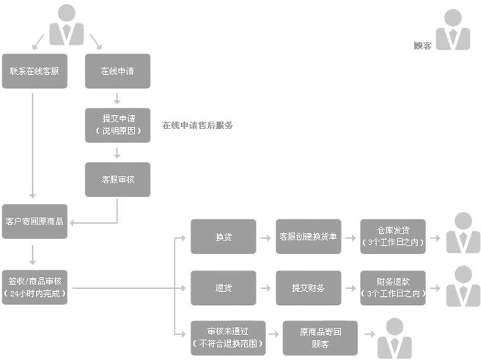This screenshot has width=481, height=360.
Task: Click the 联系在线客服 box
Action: pos(34,71)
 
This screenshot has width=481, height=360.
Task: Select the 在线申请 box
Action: pos(117,71)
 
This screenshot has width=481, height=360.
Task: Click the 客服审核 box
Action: pos(117,179)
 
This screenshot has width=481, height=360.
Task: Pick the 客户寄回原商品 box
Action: pos(34,221)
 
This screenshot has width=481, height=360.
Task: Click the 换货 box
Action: pos(224,237)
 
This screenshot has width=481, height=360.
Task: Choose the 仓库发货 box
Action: pos(394,237)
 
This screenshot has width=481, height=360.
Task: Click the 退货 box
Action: pos(224,287)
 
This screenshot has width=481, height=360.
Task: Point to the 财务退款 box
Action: pos(394,287)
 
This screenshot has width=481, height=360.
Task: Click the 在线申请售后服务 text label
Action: pos(198,125)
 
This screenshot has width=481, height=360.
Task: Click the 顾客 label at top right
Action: pos(422,45)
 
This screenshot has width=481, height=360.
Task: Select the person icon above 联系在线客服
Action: pos(67,23)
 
